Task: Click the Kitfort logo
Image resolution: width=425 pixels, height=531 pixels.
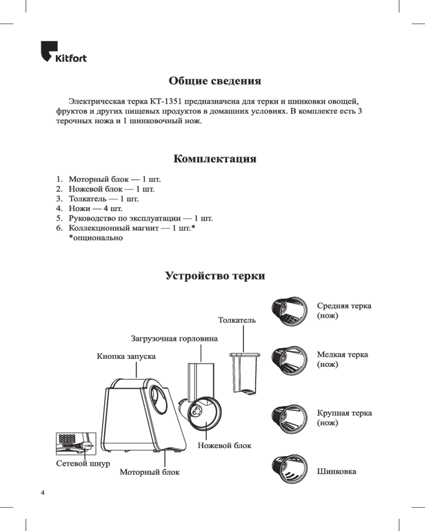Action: [x=64, y=52]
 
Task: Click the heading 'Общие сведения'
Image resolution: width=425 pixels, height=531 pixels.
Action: [x=215, y=81]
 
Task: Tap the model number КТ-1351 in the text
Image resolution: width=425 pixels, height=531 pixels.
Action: [x=166, y=101]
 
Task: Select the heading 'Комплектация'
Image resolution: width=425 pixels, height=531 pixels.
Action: [x=215, y=159]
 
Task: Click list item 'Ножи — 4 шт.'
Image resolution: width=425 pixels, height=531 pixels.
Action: [x=95, y=209]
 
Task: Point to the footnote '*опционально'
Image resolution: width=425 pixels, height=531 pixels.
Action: [x=96, y=238]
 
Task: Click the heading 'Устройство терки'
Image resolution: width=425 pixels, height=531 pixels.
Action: [x=215, y=276]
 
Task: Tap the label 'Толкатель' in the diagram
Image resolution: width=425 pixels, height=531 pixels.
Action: [x=237, y=320]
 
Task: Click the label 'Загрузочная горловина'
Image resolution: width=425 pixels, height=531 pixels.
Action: [x=174, y=339]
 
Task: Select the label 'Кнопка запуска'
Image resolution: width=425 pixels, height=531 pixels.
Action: [x=126, y=356]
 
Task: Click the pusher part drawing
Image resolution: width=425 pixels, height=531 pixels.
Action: [x=245, y=373]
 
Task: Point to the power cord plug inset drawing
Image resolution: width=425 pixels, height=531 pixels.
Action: [x=76, y=443]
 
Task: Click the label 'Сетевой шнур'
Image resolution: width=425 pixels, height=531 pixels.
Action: [x=83, y=463]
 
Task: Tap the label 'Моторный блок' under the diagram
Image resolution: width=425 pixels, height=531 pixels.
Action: [x=149, y=472]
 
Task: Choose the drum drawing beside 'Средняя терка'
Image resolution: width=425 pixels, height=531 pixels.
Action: [x=290, y=311]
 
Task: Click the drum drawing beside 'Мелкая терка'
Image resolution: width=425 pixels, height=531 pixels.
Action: [x=290, y=361]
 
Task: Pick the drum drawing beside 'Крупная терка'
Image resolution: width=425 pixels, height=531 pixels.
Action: [x=290, y=419]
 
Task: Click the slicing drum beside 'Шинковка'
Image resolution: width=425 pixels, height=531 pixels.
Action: [x=290, y=469]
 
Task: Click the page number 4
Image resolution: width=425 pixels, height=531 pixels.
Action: [x=42, y=493]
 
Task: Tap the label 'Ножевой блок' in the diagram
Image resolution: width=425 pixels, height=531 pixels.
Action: [x=224, y=446]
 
